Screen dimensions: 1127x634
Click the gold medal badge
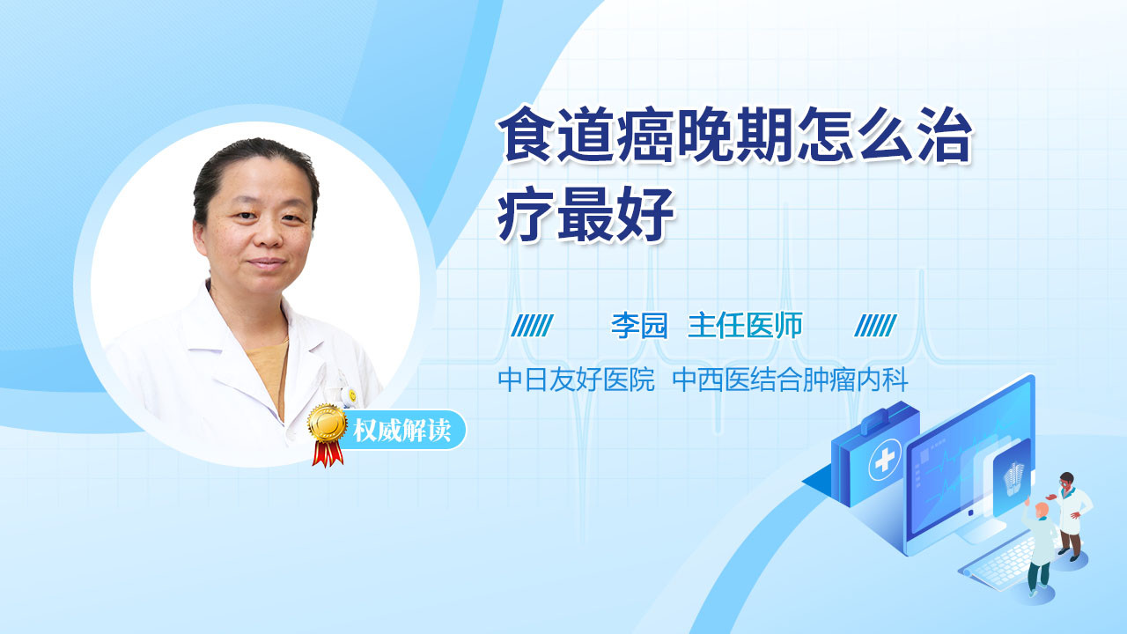pyautogui.click(x=327, y=424)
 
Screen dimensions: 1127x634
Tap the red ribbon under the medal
pyautogui.click(x=328, y=453)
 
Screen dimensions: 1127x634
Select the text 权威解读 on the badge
pyautogui.click(x=402, y=431)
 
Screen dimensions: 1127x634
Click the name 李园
pyautogui.click(x=639, y=326)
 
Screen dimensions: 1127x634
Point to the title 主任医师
pyautogui.click(x=745, y=326)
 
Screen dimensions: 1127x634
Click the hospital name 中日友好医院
pyautogui.click(x=576, y=380)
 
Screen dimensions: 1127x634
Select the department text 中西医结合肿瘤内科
pyautogui.click(x=790, y=380)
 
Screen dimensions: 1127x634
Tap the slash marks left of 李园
pyautogui.click(x=532, y=326)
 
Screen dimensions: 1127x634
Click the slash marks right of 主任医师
pyautogui.click(x=875, y=326)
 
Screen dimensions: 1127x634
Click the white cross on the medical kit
pyautogui.click(x=885, y=459)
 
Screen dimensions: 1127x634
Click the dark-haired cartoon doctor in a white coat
pyautogui.click(x=1071, y=514)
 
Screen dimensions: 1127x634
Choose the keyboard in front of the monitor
pyautogui.click(x=1001, y=564)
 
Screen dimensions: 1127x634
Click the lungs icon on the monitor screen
pyautogui.click(x=1013, y=479)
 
